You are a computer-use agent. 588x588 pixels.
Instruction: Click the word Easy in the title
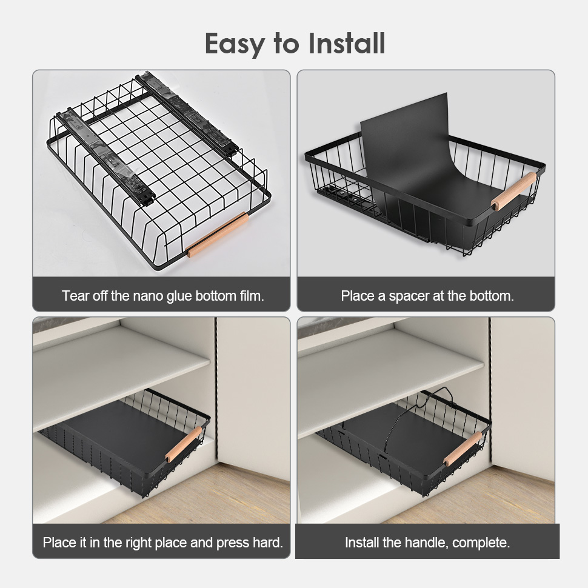[x=235, y=44]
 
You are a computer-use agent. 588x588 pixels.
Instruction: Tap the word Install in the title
[x=347, y=43]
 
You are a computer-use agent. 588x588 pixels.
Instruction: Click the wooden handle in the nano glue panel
[x=218, y=235]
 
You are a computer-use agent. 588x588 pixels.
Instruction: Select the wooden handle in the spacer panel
[x=514, y=191]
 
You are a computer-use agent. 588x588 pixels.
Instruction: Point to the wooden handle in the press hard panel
[x=184, y=444]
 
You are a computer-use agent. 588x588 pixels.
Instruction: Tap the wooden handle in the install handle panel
[x=463, y=449]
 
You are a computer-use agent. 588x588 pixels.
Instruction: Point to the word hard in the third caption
[x=267, y=543]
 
